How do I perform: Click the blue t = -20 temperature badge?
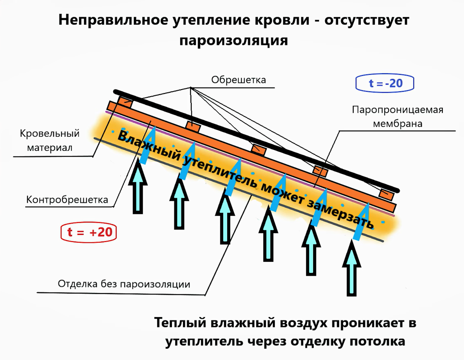coord(385,83)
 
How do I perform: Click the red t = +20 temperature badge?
coord(89,232)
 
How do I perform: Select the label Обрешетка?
coord(238,80)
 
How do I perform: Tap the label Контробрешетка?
coord(67,200)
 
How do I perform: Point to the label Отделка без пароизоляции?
coord(124,284)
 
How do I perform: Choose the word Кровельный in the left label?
coord(50,134)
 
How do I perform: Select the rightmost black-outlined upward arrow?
coord(351,268)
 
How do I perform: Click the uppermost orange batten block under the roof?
coord(124,101)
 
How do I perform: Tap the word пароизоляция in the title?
coord(233,40)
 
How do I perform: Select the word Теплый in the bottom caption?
coord(181,323)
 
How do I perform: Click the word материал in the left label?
coord(50,147)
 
